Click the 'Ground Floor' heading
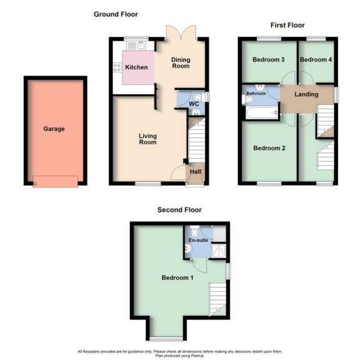116,14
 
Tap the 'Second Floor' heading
179,210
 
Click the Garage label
54,129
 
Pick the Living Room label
147,138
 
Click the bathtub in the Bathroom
261,112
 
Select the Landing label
306,94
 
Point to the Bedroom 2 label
269,149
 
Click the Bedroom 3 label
269,60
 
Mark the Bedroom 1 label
177,277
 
